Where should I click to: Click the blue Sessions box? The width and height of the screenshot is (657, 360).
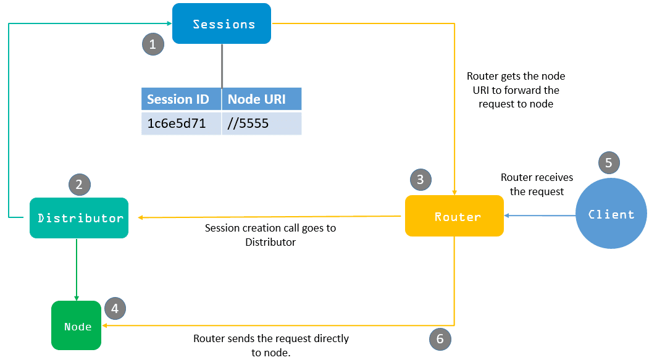coord(222,23)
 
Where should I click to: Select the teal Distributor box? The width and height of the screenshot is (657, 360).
coord(79,218)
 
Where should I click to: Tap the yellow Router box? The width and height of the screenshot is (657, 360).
coord(454,216)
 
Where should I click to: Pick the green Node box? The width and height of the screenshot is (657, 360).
coord(77,325)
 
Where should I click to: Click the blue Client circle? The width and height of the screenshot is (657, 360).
coord(611,213)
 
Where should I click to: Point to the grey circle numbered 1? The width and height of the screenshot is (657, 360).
coord(153,44)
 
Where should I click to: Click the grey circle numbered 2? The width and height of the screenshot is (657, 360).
coord(80,185)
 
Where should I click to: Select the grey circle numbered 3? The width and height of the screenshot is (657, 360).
coord(421,180)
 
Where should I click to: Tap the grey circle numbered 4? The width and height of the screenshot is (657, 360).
coord(115,309)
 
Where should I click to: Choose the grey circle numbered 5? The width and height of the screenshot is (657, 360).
coord(609,162)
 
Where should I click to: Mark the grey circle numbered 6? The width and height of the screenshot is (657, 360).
coord(440,339)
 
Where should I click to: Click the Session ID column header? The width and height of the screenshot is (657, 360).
coord(181,99)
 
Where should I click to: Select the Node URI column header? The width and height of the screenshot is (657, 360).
coord(261,99)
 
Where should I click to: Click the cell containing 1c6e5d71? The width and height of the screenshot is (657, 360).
coord(181,123)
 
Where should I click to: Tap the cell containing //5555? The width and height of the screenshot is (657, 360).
coord(261,123)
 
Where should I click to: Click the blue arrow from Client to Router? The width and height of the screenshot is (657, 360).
coord(540,216)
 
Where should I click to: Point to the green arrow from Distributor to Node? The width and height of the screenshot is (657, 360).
coord(77,269)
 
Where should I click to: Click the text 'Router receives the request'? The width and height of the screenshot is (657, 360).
coord(537,185)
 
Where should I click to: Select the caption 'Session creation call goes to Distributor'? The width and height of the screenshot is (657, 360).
coord(270,235)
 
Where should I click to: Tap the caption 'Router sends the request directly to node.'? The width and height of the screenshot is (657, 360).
coord(270,345)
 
